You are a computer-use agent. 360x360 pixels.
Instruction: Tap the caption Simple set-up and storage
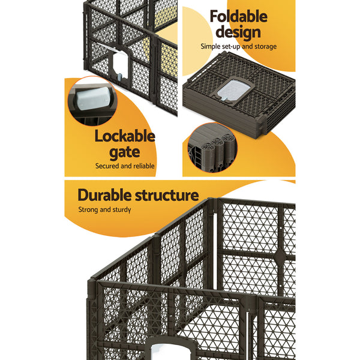pos(239,46)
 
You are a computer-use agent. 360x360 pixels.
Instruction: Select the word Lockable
pos(125,136)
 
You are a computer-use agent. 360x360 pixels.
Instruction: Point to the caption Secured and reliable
pos(125,166)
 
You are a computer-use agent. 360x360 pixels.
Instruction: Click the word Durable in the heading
pos(108,195)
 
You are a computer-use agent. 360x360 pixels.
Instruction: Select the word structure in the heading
pos(169,195)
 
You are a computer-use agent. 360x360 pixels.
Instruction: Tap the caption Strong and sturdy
pos(105,210)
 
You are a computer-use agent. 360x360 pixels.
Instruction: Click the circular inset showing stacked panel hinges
pos(211,148)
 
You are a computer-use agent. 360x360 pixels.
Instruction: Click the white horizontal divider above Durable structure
pos(180,179)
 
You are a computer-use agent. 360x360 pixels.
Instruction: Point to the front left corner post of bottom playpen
pos(95,318)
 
